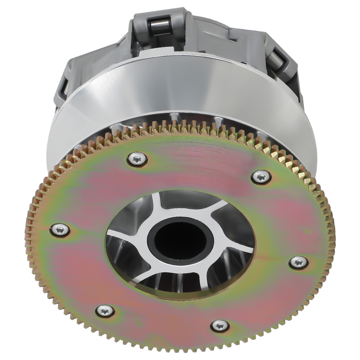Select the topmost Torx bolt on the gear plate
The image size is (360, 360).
[x=137, y=159]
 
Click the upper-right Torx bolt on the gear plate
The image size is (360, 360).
[x=261, y=176]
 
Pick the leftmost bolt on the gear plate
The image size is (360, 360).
[x=60, y=229]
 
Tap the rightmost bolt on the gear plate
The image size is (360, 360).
[x=299, y=262]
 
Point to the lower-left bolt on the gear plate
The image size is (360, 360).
[x=105, y=310]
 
